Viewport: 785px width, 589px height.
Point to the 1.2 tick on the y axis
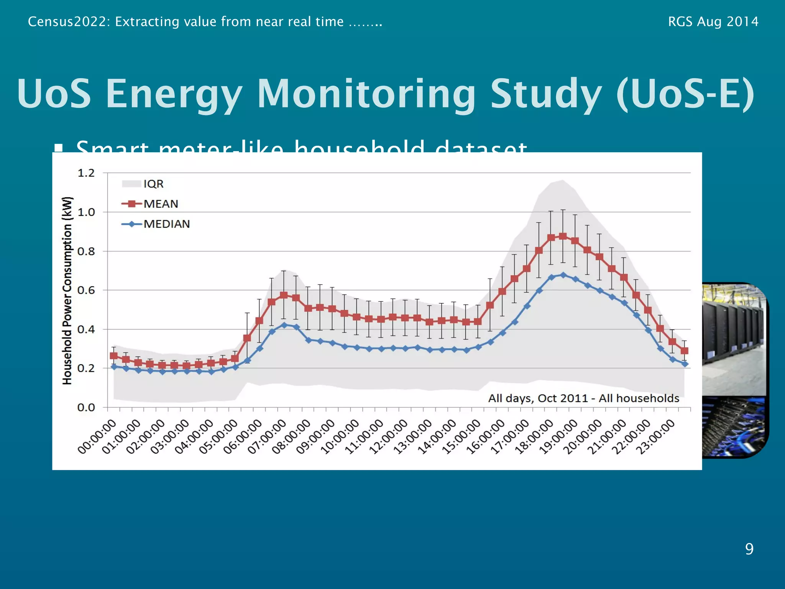coord(86,173)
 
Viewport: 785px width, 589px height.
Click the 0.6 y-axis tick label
coord(86,290)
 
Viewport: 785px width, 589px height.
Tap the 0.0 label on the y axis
coord(86,407)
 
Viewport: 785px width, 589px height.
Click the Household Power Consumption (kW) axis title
coord(67,290)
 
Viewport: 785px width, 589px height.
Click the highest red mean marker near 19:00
coord(563,237)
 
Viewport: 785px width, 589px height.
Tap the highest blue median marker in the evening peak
coord(563,275)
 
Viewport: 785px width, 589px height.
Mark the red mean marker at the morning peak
coord(284,295)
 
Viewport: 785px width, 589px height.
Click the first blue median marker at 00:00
coord(114,367)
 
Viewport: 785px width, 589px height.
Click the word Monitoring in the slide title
coord(366,94)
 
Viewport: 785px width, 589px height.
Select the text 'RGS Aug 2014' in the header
coord(713,21)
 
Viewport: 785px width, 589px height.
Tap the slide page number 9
coord(749,549)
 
